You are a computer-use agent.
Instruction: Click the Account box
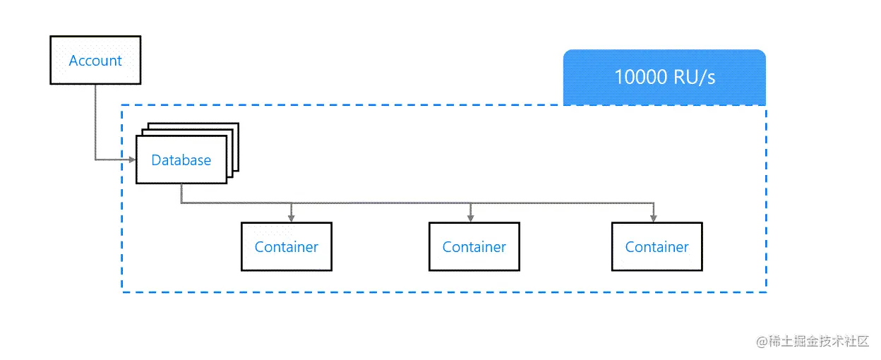click(95, 61)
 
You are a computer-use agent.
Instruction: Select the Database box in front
click(181, 160)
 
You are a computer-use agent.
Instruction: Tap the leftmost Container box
click(286, 247)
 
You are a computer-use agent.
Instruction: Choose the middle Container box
click(474, 247)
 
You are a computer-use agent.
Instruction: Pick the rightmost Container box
click(657, 247)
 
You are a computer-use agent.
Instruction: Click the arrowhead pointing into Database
click(132, 160)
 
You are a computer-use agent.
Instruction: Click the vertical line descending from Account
click(95, 120)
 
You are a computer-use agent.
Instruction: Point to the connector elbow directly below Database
click(181, 203)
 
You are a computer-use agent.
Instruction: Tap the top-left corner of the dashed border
click(122, 106)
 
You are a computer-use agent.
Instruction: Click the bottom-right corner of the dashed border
click(766, 292)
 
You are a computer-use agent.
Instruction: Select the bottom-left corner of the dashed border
click(122, 292)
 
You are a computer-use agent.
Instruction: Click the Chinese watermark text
click(819, 342)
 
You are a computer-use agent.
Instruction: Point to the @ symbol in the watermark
click(762, 342)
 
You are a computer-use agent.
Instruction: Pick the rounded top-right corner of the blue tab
click(762, 54)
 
